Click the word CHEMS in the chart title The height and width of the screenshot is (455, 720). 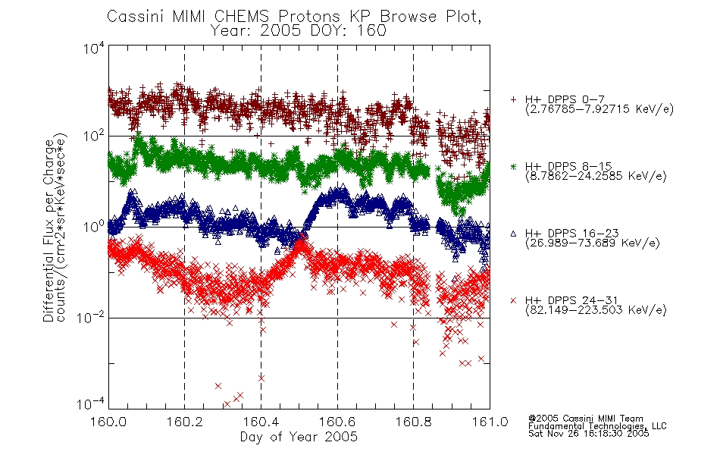pyautogui.click(x=242, y=17)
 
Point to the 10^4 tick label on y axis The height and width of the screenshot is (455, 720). pyautogui.click(x=94, y=49)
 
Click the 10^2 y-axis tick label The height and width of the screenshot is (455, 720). pyautogui.click(x=94, y=136)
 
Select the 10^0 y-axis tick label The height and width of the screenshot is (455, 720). pyautogui.click(x=94, y=227)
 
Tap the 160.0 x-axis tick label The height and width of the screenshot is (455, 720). pyautogui.click(x=108, y=421)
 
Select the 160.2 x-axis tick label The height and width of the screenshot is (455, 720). pyautogui.click(x=185, y=421)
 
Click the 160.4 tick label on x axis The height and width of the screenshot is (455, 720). pyautogui.click(x=261, y=421)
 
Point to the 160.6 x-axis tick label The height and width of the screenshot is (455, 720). pyautogui.click(x=337, y=421)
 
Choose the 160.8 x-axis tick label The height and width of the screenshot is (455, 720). pyautogui.click(x=413, y=421)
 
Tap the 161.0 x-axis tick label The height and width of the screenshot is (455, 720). pyautogui.click(x=490, y=421)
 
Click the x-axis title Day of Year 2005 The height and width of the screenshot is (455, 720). pyautogui.click(x=299, y=437)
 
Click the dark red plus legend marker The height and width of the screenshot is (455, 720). pyautogui.click(x=513, y=99)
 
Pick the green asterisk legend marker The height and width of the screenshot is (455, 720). pyautogui.click(x=513, y=166)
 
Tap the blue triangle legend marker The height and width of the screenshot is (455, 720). pyautogui.click(x=513, y=234)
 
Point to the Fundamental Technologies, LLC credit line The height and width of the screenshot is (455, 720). pyautogui.click(x=597, y=426)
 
